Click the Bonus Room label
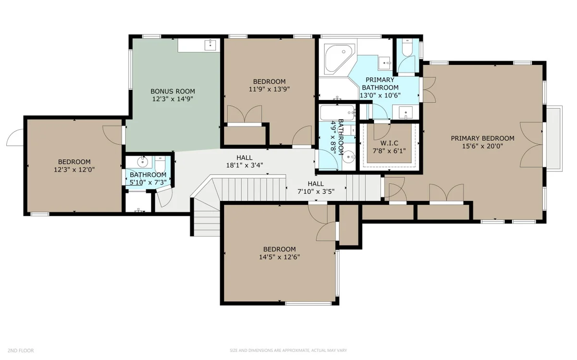173,91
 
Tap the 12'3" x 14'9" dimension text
173,99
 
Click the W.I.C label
389,143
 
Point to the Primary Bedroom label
482,138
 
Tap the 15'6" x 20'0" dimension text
482,146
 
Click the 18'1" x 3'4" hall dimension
244,165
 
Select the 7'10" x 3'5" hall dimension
316,192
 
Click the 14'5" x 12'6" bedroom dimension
279,257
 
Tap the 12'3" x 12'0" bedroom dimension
74,170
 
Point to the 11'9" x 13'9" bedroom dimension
269,89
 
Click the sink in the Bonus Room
211,45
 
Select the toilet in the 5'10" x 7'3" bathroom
160,164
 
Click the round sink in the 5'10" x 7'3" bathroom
142,162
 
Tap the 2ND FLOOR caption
21,350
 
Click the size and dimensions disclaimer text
288,350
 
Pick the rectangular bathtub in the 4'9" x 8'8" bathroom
338,113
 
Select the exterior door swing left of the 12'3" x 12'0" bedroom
15,137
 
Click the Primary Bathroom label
380,84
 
